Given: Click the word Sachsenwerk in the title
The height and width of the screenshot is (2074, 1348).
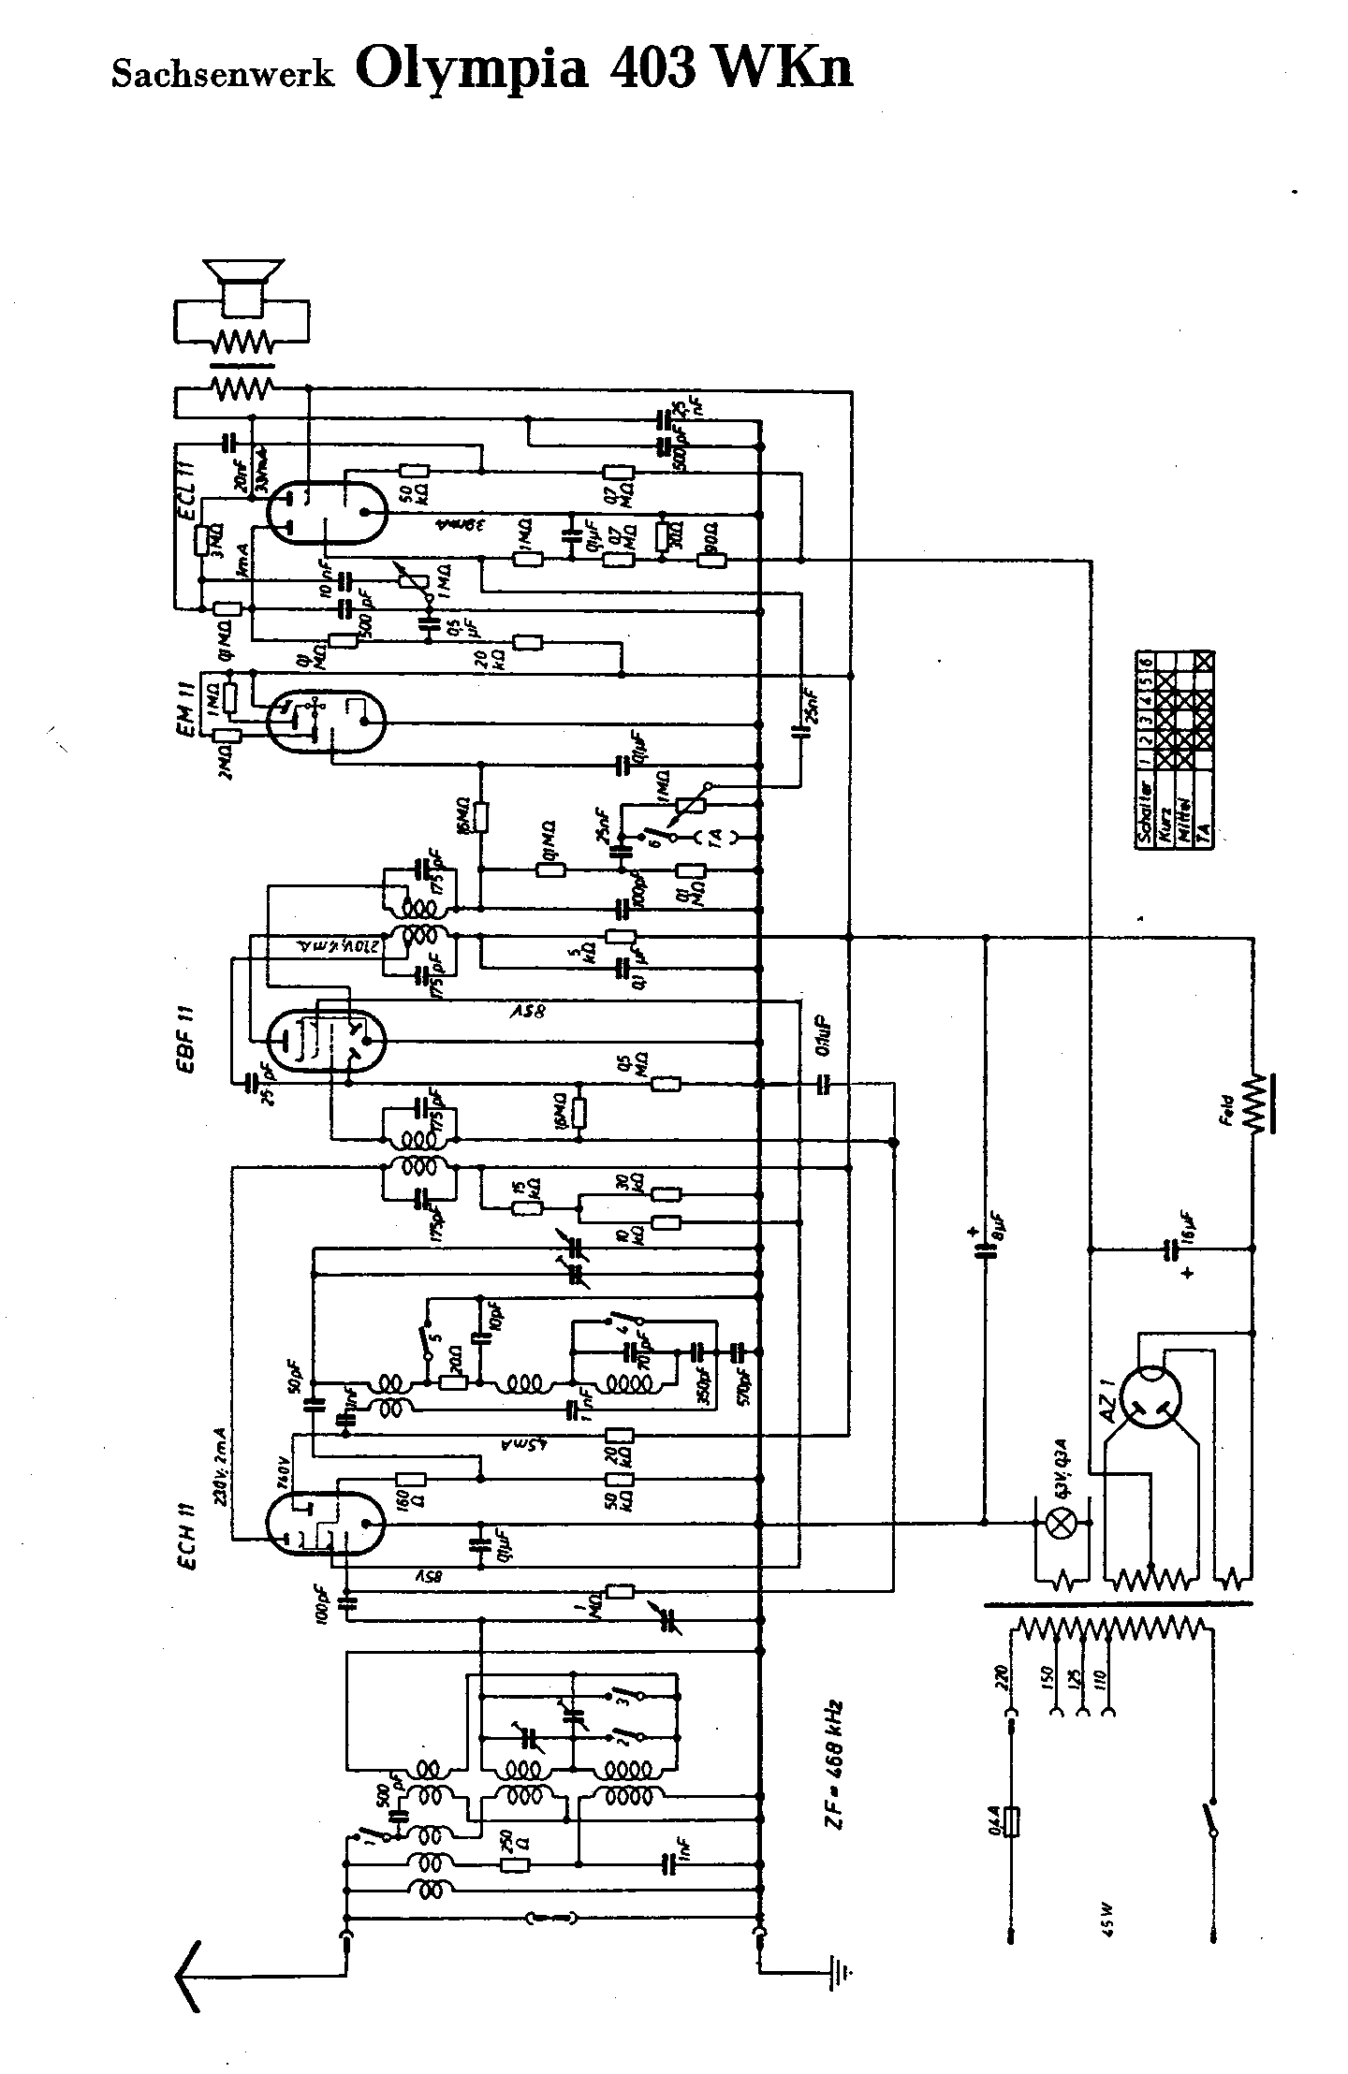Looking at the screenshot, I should coord(222,74).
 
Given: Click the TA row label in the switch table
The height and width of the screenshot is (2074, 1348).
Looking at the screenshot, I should coord(1205,829).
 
